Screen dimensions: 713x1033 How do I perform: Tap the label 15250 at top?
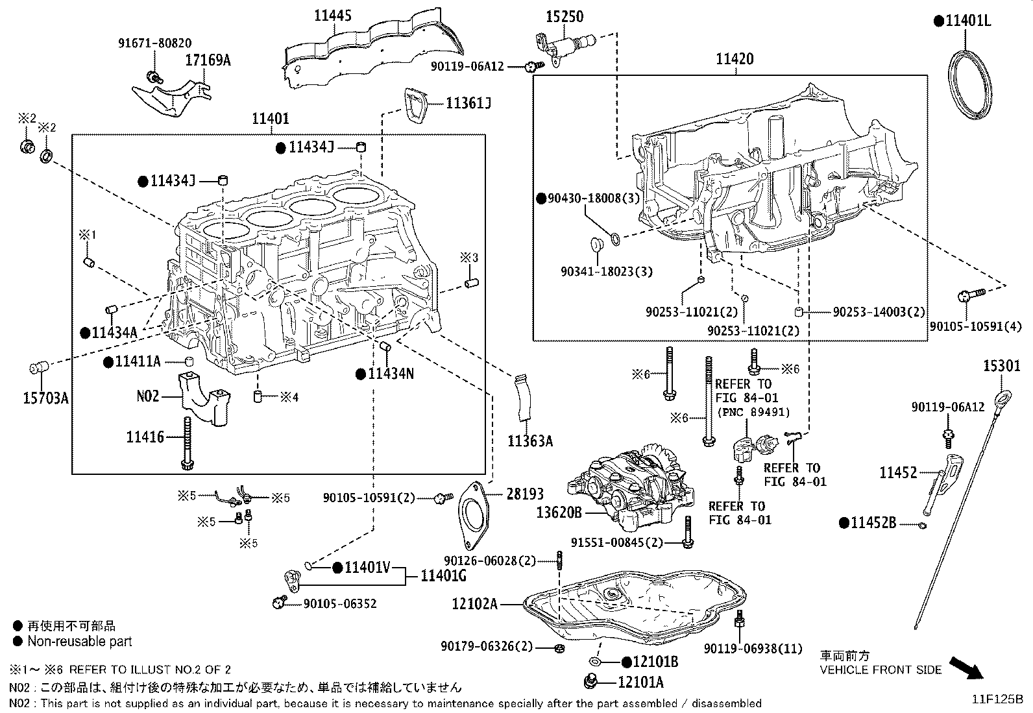pyautogui.click(x=564, y=16)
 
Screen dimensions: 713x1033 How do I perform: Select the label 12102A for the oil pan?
pyautogui.click(x=475, y=605)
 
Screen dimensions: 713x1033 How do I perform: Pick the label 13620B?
pyautogui.click(x=559, y=513)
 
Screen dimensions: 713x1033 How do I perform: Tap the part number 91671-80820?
pyautogui.click(x=154, y=43)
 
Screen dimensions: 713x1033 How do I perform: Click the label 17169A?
pyautogui.click(x=208, y=61)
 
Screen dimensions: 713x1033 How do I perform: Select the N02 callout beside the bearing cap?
pyautogui.click(x=147, y=395)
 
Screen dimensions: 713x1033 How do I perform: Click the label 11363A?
pyautogui.click(x=530, y=442)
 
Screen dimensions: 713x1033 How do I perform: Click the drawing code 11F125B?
pyautogui.click(x=997, y=699)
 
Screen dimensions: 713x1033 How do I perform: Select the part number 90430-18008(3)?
pyautogui.click(x=594, y=199)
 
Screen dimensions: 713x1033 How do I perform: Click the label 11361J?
pyautogui.click(x=468, y=103)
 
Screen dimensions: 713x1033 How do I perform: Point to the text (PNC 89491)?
pyautogui.click(x=753, y=412)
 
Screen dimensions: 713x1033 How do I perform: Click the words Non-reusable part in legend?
pyautogui.click(x=79, y=642)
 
